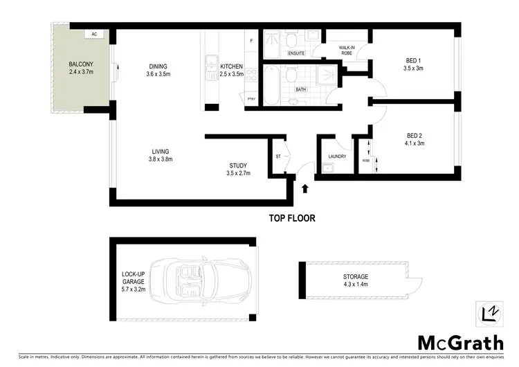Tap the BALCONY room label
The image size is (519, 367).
point(81,68)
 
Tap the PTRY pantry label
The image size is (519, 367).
point(251,98)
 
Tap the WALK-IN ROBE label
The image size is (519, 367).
point(347,51)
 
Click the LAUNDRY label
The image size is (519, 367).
point(337,156)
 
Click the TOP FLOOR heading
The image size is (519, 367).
point(291,218)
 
